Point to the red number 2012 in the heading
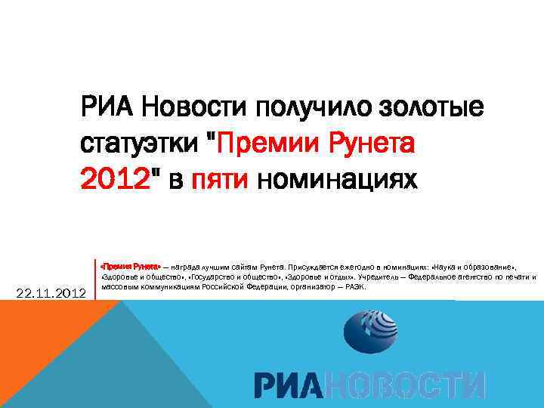[x=112, y=180]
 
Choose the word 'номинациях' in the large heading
[x=335, y=180]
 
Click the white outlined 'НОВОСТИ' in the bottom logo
[x=408, y=385]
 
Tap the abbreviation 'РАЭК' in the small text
[x=354, y=287]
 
